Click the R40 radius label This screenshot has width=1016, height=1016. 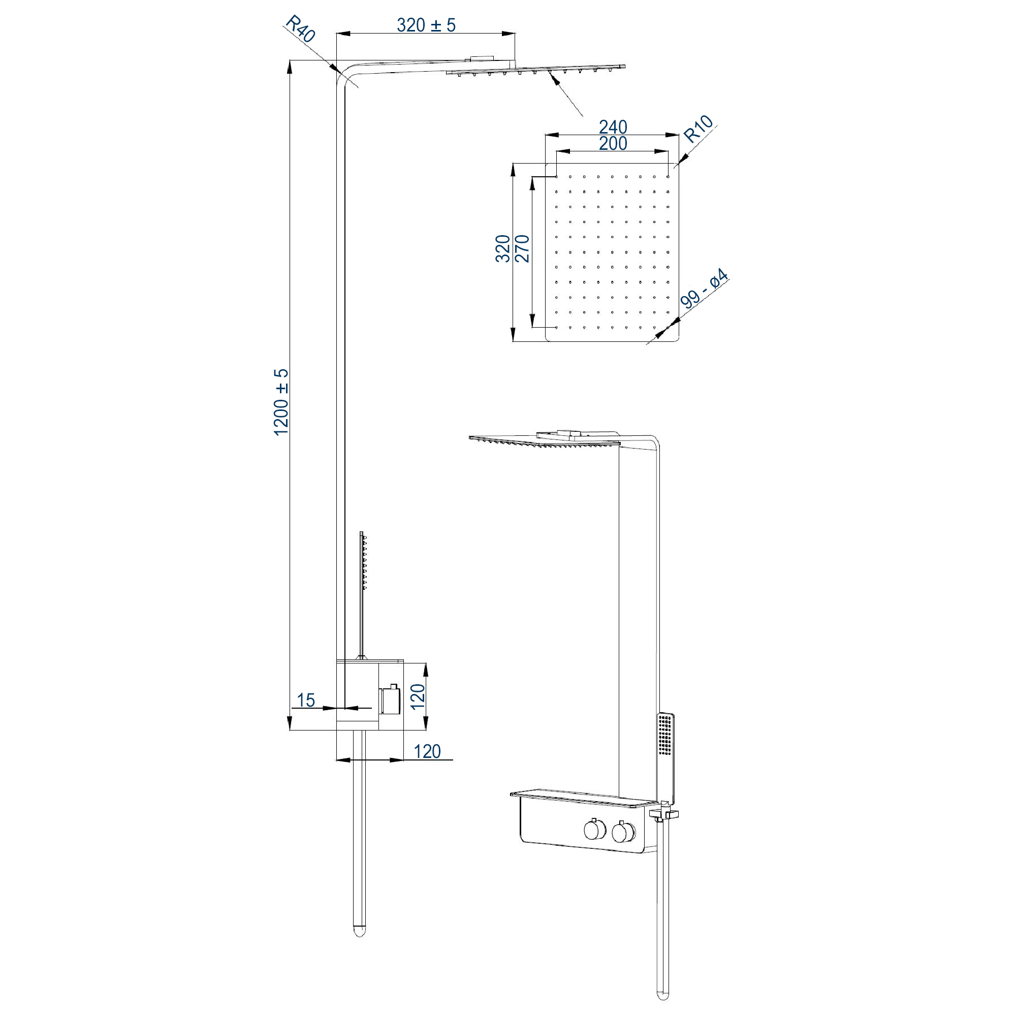click(300, 28)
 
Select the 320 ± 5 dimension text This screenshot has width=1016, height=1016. click(426, 25)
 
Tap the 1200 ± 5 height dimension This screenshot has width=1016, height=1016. click(281, 402)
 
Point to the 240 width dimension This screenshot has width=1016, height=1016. click(613, 126)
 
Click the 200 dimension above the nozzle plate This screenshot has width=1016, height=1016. click(613, 143)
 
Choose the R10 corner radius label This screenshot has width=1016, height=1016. click(698, 129)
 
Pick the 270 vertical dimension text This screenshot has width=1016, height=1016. click(522, 248)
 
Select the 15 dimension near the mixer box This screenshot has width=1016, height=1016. click(305, 700)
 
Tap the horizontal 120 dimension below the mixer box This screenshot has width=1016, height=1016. click(427, 751)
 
